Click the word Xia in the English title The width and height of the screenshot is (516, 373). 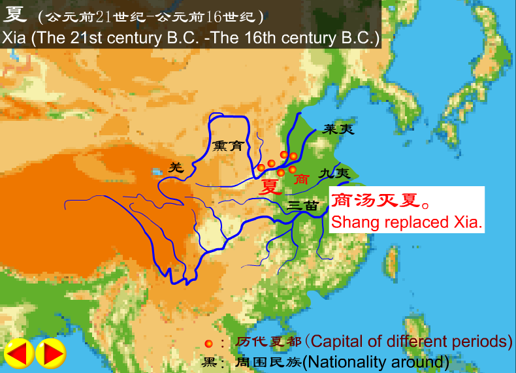15,37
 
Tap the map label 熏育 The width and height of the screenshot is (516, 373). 227,146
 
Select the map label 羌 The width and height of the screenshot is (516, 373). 176,167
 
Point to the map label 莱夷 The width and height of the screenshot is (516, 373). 338,129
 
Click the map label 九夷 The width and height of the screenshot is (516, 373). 335,174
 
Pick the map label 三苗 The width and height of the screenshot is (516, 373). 302,206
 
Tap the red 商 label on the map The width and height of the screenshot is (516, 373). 301,178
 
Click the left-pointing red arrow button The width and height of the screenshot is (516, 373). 19,353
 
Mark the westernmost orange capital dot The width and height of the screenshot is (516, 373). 261,168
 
